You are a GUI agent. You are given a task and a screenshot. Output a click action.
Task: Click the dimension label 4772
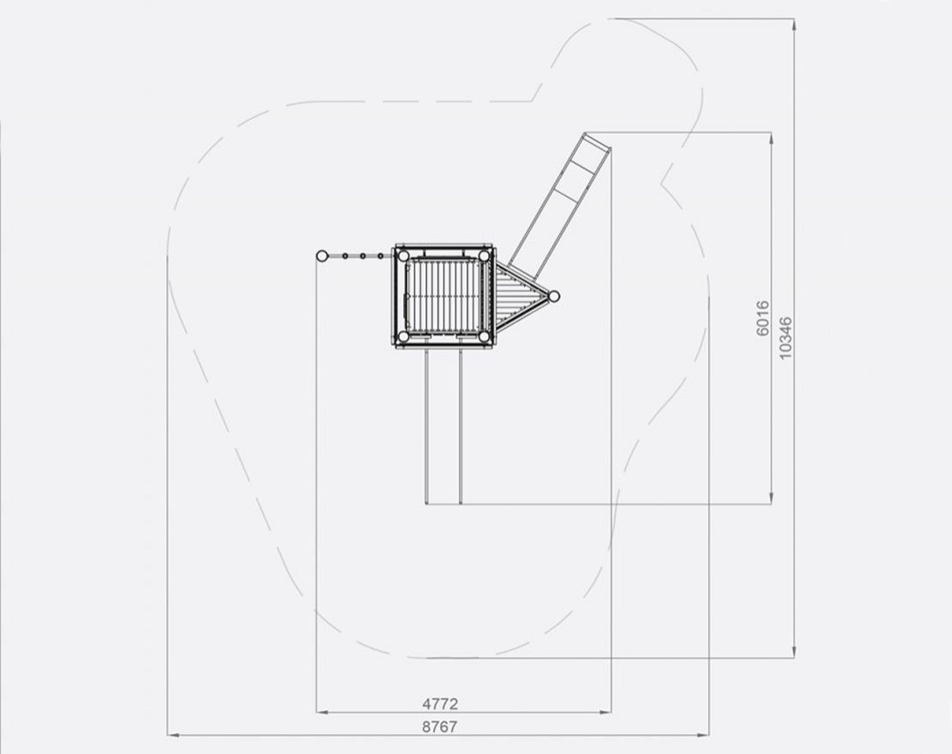tap(440, 703)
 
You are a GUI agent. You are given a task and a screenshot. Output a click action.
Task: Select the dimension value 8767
tap(440, 726)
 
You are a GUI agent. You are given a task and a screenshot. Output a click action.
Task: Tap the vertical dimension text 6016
tap(763, 317)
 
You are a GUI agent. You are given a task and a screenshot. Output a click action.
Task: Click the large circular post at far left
tap(322, 255)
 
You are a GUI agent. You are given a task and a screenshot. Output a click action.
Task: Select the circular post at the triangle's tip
tap(554, 296)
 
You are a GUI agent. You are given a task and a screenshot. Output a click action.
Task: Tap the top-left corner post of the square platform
tap(401, 255)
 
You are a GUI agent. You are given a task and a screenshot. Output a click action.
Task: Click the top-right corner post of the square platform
tap(485, 255)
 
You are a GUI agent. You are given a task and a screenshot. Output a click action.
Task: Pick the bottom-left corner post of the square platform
tap(401, 336)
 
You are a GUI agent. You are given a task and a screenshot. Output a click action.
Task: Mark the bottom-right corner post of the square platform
tap(485, 336)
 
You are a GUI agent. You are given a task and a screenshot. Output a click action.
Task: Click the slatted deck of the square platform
tap(443, 296)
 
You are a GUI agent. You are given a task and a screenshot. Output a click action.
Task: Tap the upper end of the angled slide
tap(598, 142)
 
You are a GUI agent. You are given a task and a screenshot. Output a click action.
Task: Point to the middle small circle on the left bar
tap(363, 255)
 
